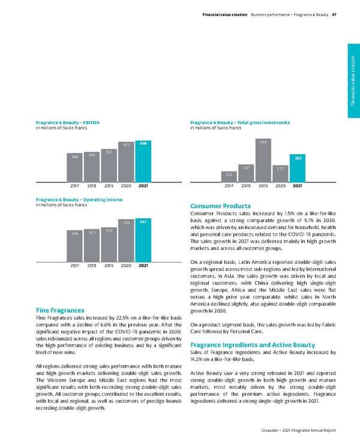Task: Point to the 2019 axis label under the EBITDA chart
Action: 109,186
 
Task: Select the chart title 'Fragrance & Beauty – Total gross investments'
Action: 240,122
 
